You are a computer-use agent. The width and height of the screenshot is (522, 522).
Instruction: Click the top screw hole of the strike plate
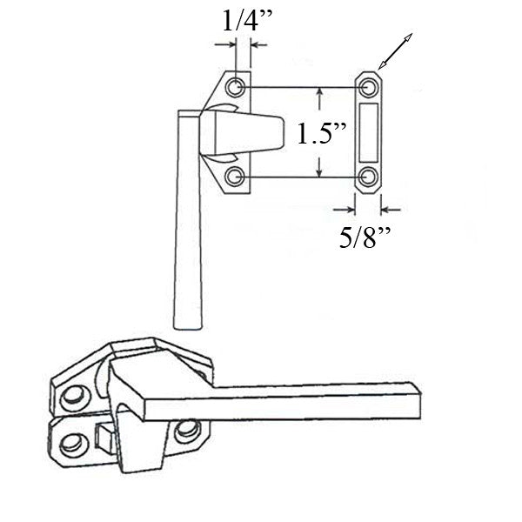369,87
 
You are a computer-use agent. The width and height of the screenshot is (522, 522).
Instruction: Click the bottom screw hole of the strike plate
369,177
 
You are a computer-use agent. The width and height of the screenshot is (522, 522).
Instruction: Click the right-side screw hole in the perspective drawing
185,429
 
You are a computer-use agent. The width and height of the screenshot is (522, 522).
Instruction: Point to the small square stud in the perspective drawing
103,432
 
